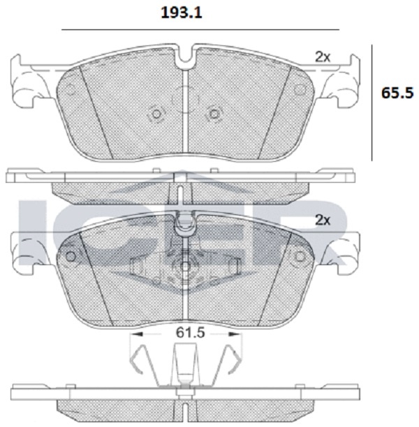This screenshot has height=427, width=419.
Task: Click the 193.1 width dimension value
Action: pos(182,13)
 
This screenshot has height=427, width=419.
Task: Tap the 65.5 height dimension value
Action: pos(397,93)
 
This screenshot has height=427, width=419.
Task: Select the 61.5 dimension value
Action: pos(190,332)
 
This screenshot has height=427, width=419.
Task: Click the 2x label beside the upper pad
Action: pos(323,57)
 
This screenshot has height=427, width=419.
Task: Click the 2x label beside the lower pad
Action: pos(323,220)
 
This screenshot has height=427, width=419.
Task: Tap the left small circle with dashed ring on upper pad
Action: pos(156,114)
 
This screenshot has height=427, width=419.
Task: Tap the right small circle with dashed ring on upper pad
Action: pos(214,114)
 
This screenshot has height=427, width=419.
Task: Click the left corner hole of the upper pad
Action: pos(71,89)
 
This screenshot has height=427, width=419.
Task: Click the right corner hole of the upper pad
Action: pos(300,89)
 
